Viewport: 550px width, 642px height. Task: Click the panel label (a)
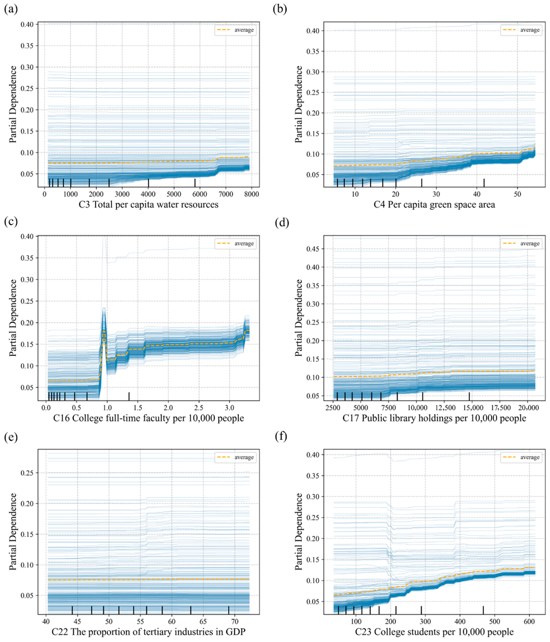click(x=11, y=9)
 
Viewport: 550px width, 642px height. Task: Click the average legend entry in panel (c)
click(x=236, y=243)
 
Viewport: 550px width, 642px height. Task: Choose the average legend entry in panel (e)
click(x=236, y=457)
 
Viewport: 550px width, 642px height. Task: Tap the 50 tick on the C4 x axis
click(x=518, y=194)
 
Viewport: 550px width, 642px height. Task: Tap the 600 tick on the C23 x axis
click(x=529, y=622)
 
